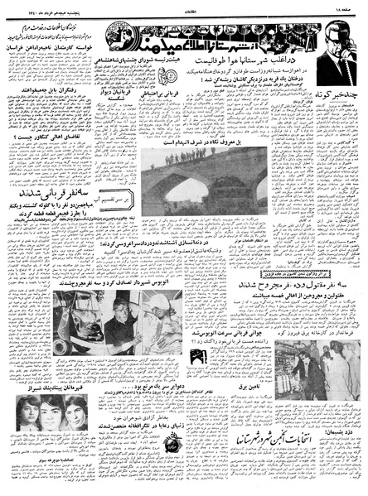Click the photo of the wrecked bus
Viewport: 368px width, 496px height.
point(45,282)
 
